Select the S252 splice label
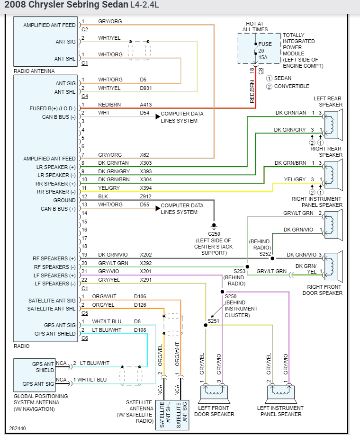(x=265, y=254)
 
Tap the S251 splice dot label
(x=214, y=320)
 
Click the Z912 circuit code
(x=146, y=196)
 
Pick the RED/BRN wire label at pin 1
(x=108, y=105)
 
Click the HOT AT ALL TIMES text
(x=255, y=26)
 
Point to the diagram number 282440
(x=18, y=428)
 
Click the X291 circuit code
(x=146, y=280)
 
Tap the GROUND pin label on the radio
(x=64, y=200)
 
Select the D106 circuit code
(x=140, y=296)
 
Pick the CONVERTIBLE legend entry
(x=291, y=86)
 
